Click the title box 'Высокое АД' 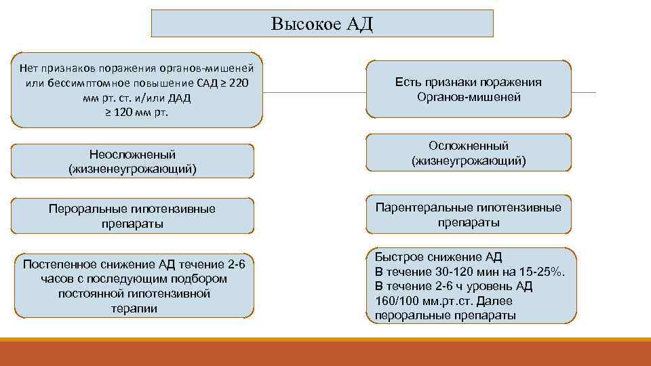point(322,24)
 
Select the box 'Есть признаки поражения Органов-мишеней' point(469,89)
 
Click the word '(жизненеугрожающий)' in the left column point(133,169)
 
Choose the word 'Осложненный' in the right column point(469,146)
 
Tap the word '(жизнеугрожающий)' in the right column point(469,161)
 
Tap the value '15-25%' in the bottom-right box point(545,271)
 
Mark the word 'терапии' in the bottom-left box point(134,308)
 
